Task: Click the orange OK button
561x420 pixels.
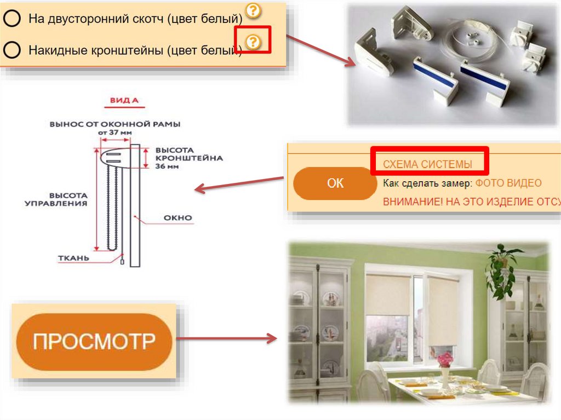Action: pyautogui.click(x=335, y=183)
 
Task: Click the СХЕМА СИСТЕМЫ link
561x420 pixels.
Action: pyautogui.click(x=427, y=164)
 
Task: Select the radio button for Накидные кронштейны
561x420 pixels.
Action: pyautogui.click(x=12, y=50)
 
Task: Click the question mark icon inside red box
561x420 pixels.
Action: pyautogui.click(x=253, y=41)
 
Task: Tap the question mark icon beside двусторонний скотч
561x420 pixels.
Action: pyautogui.click(x=252, y=10)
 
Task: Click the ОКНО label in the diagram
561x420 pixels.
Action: pyautogui.click(x=178, y=217)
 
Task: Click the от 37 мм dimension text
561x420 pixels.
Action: pyautogui.click(x=115, y=133)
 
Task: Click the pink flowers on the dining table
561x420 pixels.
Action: pyautogui.click(x=445, y=359)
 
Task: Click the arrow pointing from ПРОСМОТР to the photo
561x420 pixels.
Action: pyautogui.click(x=230, y=339)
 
